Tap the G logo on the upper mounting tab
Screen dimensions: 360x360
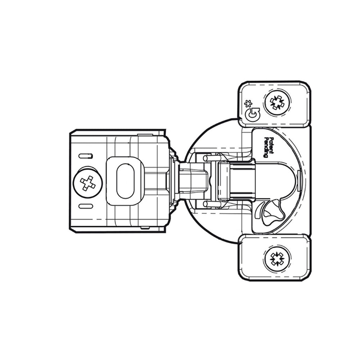[x=252, y=114]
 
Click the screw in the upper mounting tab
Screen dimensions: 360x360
[x=277, y=102]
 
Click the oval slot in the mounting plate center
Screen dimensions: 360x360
[x=125, y=181]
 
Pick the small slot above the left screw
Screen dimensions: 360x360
[x=86, y=156]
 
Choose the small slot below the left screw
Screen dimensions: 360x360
[x=86, y=206]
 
